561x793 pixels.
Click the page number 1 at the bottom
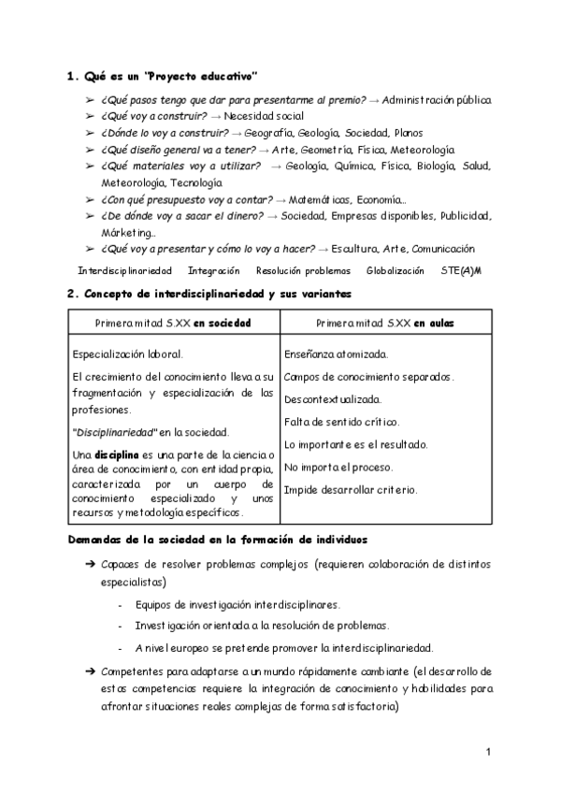point(488,752)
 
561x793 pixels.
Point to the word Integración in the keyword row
point(214,270)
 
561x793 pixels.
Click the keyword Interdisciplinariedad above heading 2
point(124,270)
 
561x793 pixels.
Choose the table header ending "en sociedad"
point(173,322)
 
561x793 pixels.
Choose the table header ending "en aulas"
point(385,322)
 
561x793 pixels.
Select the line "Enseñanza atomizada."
point(336,354)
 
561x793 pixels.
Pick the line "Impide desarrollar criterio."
point(350,489)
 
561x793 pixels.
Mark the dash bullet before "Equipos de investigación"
point(121,605)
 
